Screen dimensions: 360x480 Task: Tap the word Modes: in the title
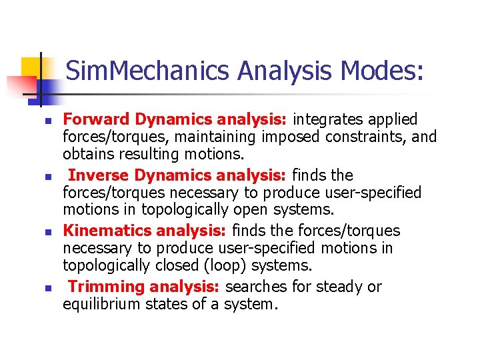(x=381, y=71)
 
